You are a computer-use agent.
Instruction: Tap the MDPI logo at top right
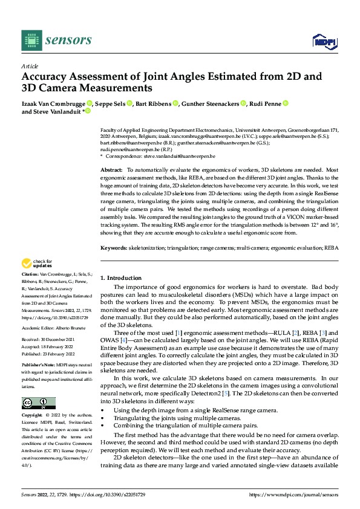(323, 41)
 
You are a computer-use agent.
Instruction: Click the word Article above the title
(30, 66)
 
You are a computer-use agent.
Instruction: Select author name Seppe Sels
(113, 104)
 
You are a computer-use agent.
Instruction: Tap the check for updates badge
(37, 280)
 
